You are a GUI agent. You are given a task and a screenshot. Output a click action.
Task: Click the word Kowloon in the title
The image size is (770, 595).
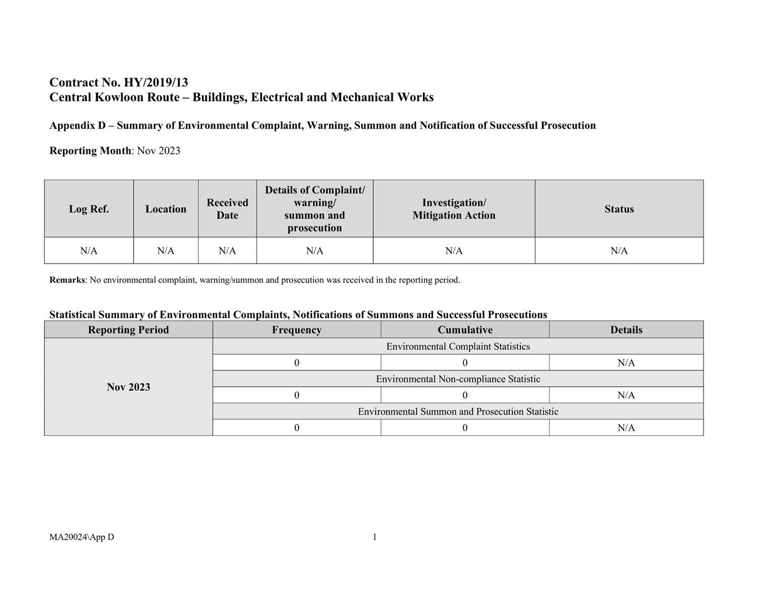pos(114,97)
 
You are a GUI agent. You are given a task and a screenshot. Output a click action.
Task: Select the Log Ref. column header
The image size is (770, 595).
pos(89,209)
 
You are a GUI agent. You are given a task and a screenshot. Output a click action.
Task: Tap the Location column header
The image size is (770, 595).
pos(166,209)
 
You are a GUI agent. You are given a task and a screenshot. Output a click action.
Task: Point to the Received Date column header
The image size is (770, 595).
pos(227,209)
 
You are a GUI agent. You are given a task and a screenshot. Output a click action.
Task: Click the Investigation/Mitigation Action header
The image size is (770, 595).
pos(454,209)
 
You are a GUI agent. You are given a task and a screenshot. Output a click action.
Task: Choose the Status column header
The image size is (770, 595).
pos(619,209)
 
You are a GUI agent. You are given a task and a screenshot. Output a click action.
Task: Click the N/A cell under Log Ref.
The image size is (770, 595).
pos(89,251)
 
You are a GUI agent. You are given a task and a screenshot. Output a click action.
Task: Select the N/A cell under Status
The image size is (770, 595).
pos(619,251)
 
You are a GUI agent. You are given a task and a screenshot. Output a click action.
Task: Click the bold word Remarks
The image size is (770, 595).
pos(67,280)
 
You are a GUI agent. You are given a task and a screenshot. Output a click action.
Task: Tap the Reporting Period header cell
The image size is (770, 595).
pos(128,330)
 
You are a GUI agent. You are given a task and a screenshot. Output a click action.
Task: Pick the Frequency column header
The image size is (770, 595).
pos(296,330)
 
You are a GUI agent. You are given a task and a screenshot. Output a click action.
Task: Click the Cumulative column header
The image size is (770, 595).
pos(465,330)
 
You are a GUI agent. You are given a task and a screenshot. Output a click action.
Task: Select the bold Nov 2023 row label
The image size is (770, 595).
pos(128,387)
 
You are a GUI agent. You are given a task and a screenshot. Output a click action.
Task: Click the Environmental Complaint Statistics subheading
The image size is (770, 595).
pos(458,346)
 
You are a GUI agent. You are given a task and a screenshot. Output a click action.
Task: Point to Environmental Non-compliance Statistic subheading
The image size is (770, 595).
pos(458,379)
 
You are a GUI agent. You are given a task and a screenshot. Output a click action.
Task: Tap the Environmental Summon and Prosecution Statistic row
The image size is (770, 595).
pos(458,412)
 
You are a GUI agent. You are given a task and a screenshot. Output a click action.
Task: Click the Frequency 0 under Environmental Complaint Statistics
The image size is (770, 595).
pos(296,363)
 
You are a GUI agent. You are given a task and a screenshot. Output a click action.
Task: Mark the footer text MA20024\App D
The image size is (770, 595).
pos(82,537)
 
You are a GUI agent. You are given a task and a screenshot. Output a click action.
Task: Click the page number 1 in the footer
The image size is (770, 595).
pos(374,537)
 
